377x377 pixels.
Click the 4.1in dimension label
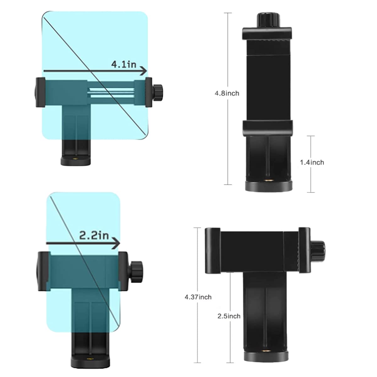124,64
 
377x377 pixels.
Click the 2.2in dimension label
94,235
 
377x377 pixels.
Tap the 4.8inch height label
227,93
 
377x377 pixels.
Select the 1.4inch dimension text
312,162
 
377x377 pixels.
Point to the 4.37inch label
198,297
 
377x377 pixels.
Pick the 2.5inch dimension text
229,316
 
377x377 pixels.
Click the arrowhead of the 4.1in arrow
144,71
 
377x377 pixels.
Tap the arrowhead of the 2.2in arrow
117,243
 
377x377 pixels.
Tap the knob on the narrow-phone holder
136,269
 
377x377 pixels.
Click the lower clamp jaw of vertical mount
267,128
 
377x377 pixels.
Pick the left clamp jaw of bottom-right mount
212,250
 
